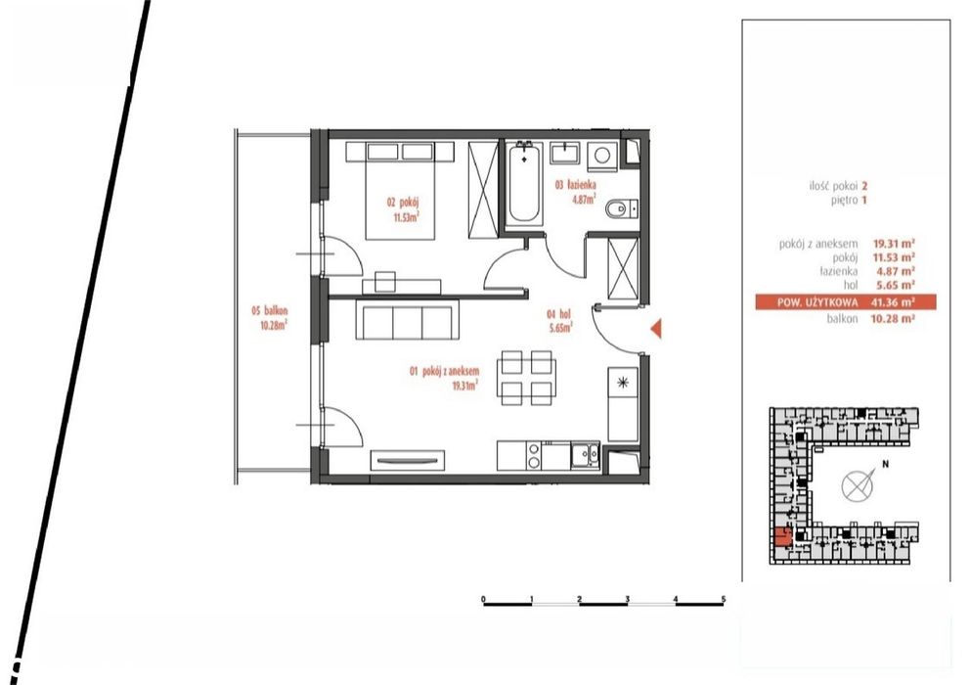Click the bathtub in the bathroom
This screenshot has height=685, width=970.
click(524, 183)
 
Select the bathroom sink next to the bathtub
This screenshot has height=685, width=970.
click(565, 153)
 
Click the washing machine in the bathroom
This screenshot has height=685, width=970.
click(601, 155)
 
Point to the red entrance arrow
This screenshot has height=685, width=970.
click(656, 328)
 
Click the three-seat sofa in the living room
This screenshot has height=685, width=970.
click(407, 319)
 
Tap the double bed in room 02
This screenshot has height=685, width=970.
click(400, 190)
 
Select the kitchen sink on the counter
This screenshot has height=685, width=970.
click(585, 455)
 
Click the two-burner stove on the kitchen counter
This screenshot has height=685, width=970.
click(533, 455)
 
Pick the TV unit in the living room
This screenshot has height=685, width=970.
click(408, 460)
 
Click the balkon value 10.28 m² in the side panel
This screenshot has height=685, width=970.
click(893, 319)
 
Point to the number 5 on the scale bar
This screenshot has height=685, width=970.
click(724, 600)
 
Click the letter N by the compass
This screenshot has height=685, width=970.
click(885, 463)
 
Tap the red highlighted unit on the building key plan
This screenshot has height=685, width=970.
click(782, 536)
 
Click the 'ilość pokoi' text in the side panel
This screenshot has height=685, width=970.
click(833, 186)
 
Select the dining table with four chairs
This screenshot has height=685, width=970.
click(526, 378)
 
